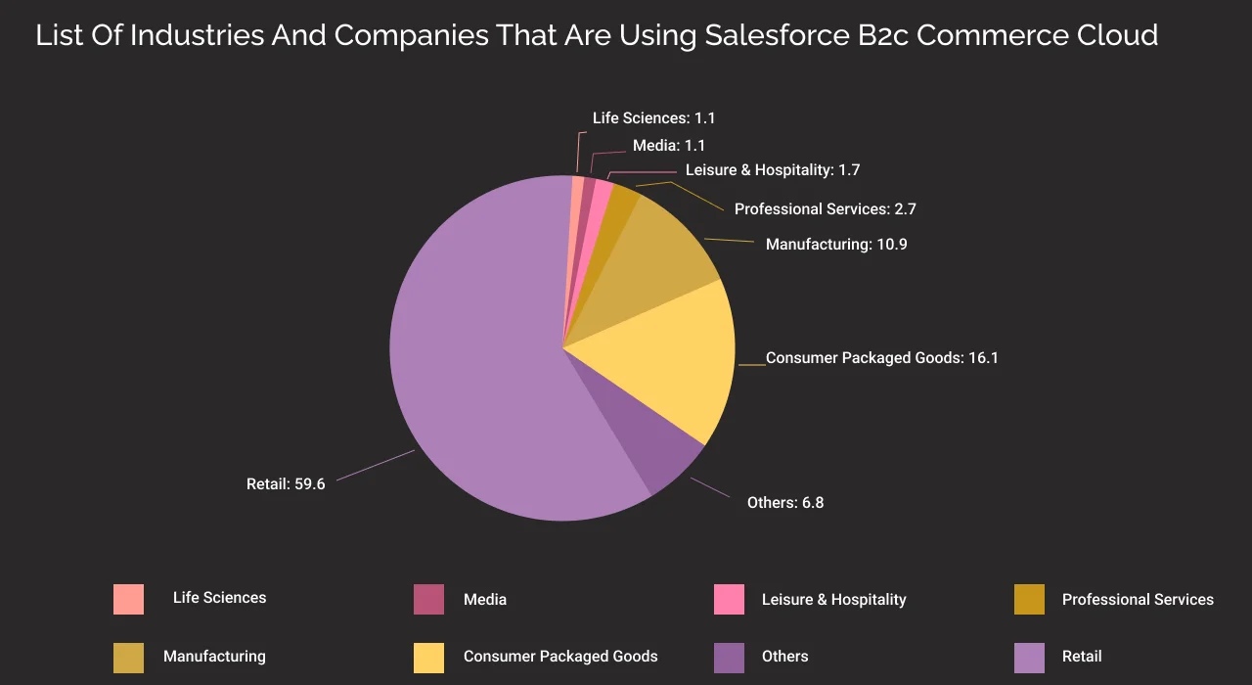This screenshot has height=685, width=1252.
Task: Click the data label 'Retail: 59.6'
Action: coord(286,484)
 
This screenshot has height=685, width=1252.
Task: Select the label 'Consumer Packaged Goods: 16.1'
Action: coord(881,358)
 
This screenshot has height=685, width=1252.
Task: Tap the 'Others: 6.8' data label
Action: coord(784,503)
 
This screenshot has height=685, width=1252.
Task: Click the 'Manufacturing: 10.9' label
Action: coord(836,245)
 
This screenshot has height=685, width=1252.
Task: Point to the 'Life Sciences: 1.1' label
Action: coord(654,118)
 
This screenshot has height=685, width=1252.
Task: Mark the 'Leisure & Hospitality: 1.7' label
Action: coord(773,170)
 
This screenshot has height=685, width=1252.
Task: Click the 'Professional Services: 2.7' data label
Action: coord(825,209)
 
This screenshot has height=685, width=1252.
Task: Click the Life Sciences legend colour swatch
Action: coord(128,599)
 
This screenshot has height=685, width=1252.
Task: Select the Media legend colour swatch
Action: coord(428,599)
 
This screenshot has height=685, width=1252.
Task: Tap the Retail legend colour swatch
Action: coord(1029,658)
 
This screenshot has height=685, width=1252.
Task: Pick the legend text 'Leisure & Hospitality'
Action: coord(833,599)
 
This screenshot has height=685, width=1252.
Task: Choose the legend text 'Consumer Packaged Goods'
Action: coord(560,657)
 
